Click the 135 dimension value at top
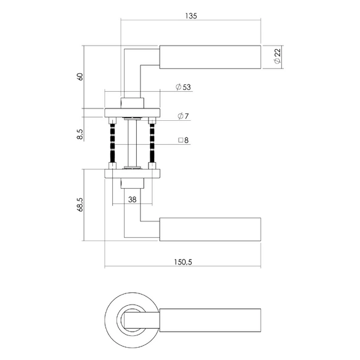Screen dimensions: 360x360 coord(191,16)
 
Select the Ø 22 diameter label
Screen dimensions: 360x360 coord(277,56)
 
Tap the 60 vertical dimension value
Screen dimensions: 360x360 coord(80,76)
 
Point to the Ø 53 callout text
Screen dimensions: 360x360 coord(183,87)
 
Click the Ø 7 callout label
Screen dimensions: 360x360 coord(183,116)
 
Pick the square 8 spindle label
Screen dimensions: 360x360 coord(184,140)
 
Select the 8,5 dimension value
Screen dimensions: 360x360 coord(80,134)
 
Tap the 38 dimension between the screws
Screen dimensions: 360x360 coord(133,200)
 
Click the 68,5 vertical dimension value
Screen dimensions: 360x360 coord(80,204)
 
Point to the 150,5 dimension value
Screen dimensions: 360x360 coord(183,262)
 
